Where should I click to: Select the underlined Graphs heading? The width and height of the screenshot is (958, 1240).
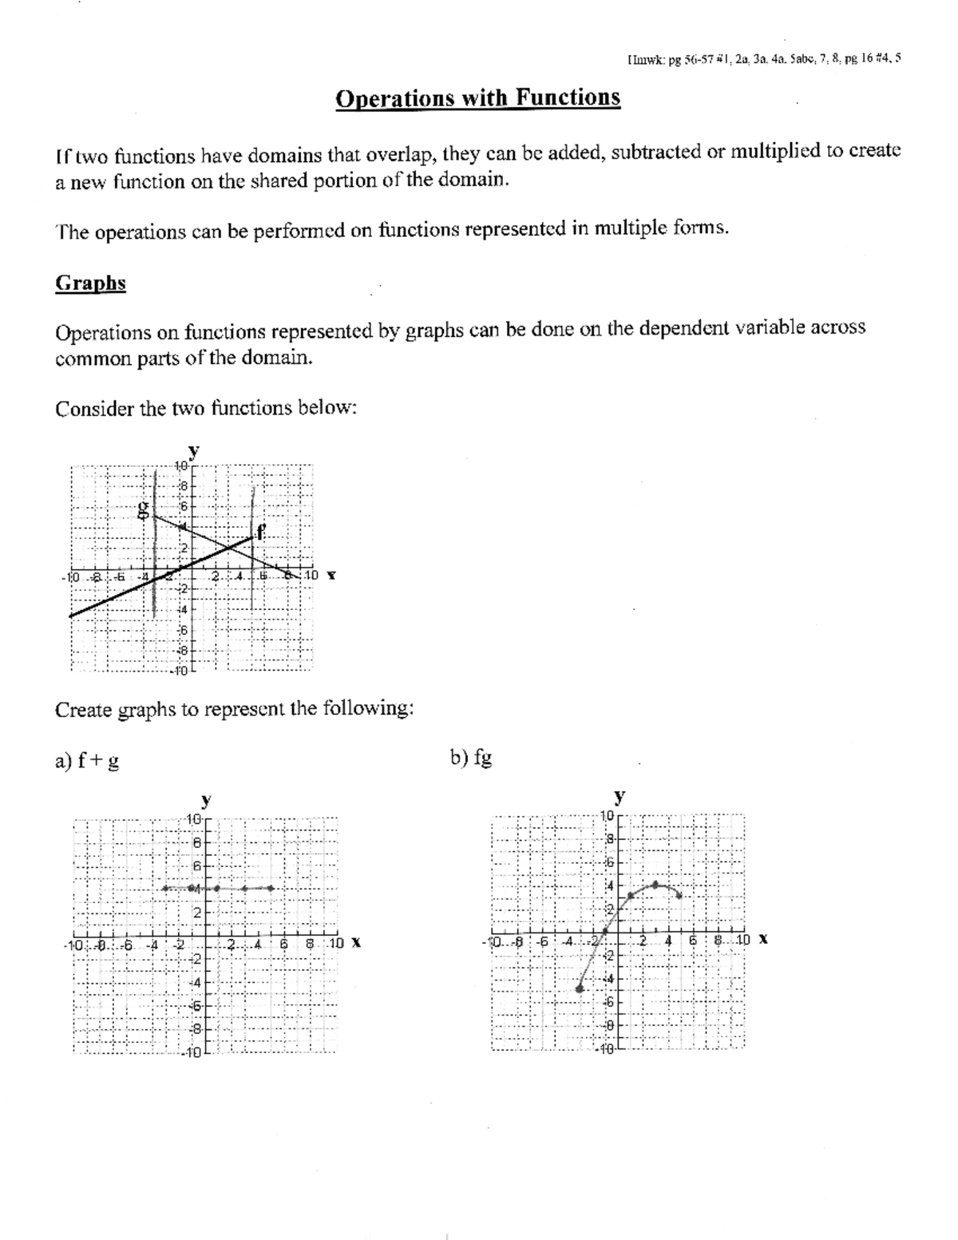point(90,283)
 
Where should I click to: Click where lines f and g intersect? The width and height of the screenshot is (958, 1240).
point(229,548)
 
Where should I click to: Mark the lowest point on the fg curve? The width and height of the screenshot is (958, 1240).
point(580,988)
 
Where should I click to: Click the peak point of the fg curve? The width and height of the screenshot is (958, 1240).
point(655,884)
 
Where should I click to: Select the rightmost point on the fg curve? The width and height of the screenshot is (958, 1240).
point(679,895)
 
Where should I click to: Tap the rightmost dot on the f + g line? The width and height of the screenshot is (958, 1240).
point(271,888)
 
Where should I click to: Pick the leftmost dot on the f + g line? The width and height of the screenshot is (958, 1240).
point(164,888)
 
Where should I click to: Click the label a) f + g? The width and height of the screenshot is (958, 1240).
point(87,761)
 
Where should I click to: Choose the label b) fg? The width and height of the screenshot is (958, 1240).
point(471,758)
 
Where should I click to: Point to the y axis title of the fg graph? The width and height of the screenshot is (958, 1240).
point(619,796)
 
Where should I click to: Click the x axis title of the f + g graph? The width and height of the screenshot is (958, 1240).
point(356,943)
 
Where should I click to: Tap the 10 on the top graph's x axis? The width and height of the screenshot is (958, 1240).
point(311,575)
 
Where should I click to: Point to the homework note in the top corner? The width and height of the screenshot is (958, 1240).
point(765,58)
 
